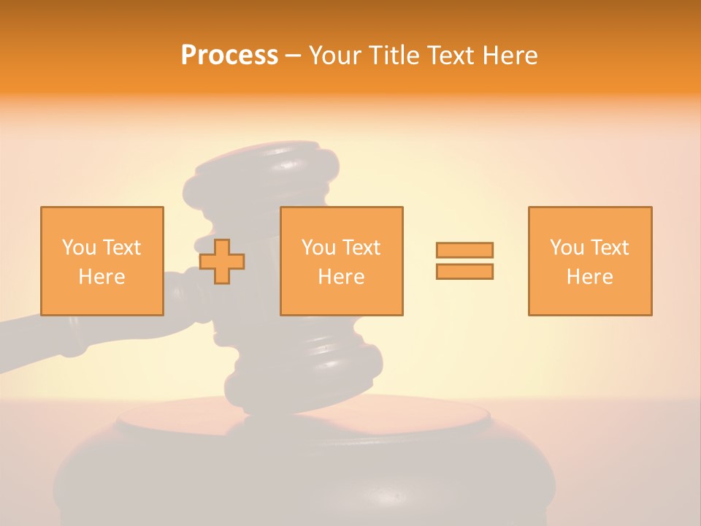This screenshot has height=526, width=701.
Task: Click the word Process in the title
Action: (x=229, y=56)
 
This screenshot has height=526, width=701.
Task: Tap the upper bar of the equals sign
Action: (x=464, y=250)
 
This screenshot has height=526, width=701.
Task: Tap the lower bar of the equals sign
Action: (x=464, y=272)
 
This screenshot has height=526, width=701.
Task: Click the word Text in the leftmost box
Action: (x=121, y=248)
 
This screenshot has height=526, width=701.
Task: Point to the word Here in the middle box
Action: (x=341, y=277)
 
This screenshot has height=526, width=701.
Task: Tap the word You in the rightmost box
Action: (x=567, y=248)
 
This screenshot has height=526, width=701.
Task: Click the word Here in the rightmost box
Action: (x=589, y=277)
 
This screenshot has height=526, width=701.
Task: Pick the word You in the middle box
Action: (x=318, y=248)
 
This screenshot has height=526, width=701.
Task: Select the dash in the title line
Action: (x=294, y=56)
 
